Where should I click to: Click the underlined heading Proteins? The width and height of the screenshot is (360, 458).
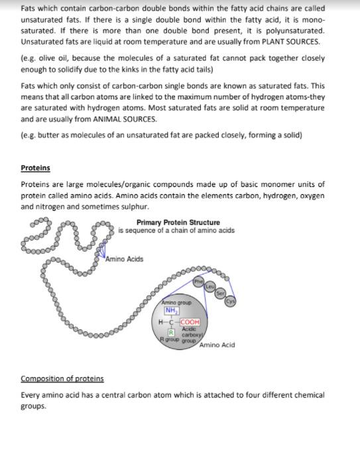point(35,168)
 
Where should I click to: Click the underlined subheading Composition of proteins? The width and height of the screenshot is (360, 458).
point(62,378)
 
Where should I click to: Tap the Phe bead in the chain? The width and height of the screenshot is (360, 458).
point(198,282)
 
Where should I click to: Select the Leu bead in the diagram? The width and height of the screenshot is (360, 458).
point(210,286)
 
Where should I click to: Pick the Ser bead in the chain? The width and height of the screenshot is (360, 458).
point(220,294)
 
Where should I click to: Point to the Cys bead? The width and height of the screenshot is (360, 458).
point(230,302)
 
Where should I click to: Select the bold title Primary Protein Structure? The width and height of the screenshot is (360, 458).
point(178,223)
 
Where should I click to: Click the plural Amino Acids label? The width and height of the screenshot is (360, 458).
point(125,259)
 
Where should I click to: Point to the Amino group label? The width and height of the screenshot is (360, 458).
point(176,302)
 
